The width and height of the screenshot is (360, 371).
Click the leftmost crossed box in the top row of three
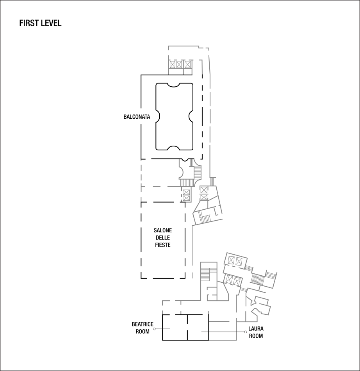point(172,64)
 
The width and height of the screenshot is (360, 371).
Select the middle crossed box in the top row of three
point(180,64)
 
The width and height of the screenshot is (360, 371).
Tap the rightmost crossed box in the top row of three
point(188,64)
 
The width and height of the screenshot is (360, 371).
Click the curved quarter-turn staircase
point(198,171)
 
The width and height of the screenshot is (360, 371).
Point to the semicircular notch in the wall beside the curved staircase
point(181,171)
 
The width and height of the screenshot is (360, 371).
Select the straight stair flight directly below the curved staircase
point(187,183)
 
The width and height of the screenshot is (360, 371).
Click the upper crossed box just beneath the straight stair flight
point(186,192)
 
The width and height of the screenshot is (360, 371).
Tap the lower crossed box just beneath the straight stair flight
point(186,198)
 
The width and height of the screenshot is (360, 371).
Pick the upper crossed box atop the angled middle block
point(204,190)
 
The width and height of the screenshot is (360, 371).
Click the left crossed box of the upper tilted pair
point(231,260)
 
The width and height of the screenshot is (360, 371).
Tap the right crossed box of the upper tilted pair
point(239,262)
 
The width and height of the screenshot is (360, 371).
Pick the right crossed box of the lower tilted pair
point(237,281)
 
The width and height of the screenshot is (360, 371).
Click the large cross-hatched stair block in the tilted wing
point(257,279)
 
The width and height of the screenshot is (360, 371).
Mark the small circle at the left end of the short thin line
point(154,329)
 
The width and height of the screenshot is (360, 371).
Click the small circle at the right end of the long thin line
point(246,332)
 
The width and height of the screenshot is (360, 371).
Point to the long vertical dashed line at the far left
point(141,180)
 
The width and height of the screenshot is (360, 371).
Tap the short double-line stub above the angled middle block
point(212,182)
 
